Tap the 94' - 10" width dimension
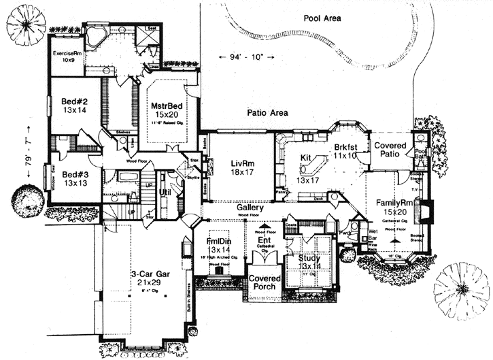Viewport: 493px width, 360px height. pyautogui.click(x=242, y=56)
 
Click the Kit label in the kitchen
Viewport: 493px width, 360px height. pyautogui.click(x=306, y=157)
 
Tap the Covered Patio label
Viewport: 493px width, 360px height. pyautogui.click(x=390, y=150)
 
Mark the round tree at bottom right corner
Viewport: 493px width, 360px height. pyautogui.click(x=461, y=290)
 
